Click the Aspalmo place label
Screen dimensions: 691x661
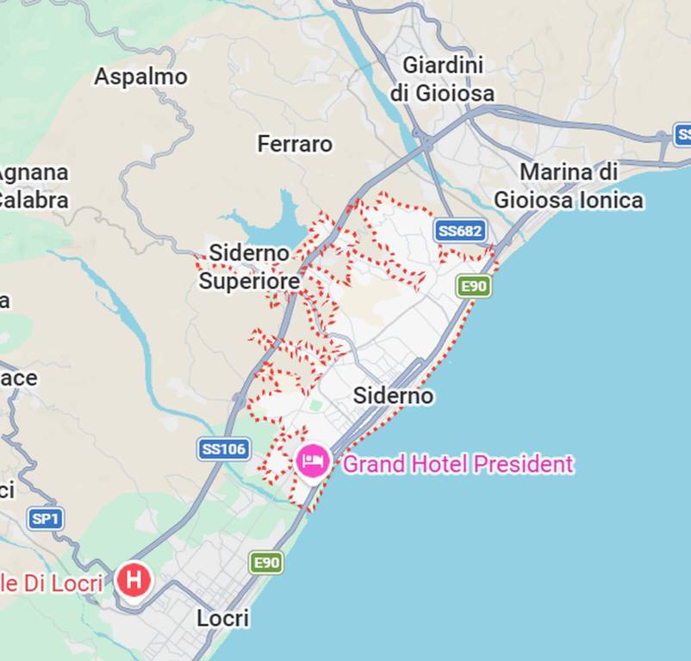140,77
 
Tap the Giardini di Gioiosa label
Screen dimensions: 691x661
443,78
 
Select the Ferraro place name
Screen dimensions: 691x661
295,144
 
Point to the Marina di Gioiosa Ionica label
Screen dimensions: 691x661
569,186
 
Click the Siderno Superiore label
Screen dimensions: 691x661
250,267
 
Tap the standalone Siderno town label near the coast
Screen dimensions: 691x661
394,396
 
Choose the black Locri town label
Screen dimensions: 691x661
222,618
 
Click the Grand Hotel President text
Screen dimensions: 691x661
458,465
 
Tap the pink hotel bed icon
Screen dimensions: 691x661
312,461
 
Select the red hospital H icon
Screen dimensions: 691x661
134,579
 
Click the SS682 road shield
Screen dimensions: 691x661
461,231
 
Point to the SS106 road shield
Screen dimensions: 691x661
223,448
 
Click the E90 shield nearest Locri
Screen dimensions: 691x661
266,563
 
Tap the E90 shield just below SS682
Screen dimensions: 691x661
474,286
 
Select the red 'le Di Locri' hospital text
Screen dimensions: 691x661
51,583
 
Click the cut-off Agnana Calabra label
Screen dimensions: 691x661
33,186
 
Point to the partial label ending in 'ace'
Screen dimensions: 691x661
18,378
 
